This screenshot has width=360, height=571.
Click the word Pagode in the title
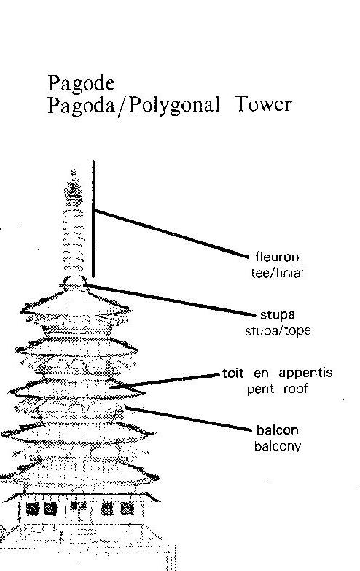click(x=81, y=83)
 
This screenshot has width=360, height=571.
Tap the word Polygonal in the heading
click(x=175, y=105)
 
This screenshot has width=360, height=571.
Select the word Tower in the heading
click(x=263, y=104)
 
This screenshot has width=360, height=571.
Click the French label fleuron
click(x=277, y=257)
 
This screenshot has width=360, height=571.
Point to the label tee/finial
click(x=277, y=273)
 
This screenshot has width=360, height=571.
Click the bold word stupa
click(x=278, y=315)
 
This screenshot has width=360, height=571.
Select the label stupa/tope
click(x=278, y=331)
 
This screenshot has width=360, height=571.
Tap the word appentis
click(x=305, y=373)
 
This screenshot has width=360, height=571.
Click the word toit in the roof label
click(x=232, y=373)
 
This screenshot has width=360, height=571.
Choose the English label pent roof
click(x=278, y=389)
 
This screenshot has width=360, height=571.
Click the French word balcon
click(x=278, y=430)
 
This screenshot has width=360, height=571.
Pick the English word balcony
click(x=278, y=447)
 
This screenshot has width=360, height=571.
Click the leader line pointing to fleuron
click(x=171, y=233)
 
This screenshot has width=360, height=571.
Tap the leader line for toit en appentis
click(x=165, y=381)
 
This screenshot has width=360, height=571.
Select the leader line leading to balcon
click(x=189, y=419)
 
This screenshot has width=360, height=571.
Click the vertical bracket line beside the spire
click(x=93, y=219)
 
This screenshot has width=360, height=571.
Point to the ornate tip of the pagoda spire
click(x=73, y=185)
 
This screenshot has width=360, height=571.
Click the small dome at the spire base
click(x=74, y=283)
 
